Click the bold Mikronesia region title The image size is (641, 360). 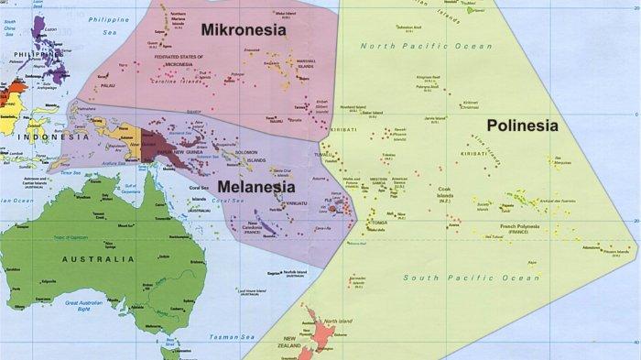pyautogui.click(x=244, y=29)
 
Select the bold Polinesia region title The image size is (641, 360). pyautogui.click(x=521, y=126)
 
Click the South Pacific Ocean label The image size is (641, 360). pyautogui.click(x=472, y=278)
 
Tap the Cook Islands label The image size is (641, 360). pyautogui.click(x=444, y=196)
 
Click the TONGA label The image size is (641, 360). pyautogui.click(x=377, y=223)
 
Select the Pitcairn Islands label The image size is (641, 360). pyautogui.click(x=614, y=247)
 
